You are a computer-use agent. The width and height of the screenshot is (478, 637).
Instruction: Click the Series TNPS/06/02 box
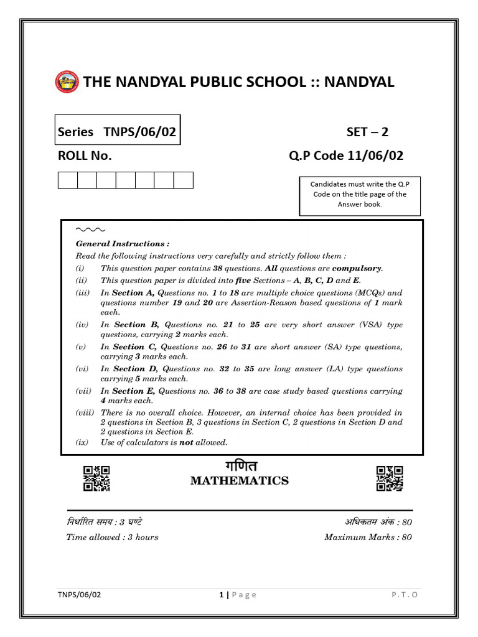point(118,130)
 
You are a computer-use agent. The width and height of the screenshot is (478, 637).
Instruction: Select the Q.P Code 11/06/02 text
point(345,156)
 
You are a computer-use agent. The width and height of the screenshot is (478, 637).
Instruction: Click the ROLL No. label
point(85,156)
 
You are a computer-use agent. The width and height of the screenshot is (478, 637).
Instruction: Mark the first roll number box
point(67,180)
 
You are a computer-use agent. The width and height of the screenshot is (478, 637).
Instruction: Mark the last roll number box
point(184,180)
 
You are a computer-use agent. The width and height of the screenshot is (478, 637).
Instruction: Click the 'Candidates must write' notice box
point(359,194)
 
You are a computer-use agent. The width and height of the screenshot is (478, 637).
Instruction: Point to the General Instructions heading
point(122,244)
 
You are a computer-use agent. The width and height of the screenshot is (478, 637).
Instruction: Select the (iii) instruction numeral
point(83,293)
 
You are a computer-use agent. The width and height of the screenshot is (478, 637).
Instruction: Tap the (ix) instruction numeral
point(82,442)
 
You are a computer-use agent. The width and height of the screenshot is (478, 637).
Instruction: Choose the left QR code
point(96,479)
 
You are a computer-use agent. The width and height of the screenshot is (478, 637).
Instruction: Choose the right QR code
point(390,479)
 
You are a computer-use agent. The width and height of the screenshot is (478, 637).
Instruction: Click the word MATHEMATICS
point(239,480)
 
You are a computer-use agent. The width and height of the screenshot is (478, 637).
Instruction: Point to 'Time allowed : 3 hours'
point(112,537)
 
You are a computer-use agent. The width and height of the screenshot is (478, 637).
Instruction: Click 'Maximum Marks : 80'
point(367,537)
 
